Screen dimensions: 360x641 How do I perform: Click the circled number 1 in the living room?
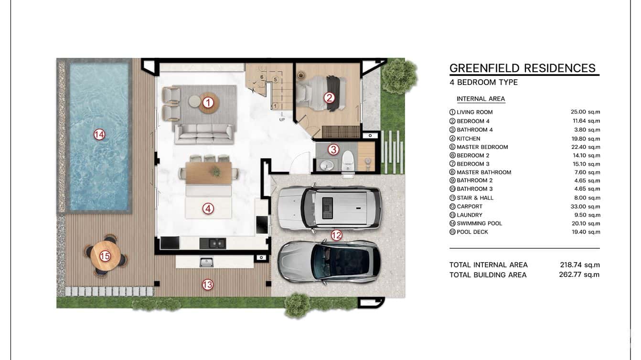click(208, 102)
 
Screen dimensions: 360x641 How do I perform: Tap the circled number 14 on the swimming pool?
click(99, 135)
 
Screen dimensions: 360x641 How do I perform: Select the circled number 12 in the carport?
click(336, 235)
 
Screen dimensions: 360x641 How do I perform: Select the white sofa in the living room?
click(204, 133)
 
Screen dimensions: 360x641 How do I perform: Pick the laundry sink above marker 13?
click(206, 262)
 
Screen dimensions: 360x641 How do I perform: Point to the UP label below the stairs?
click(282, 119)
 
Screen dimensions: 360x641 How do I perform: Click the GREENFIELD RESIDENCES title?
click(523, 68)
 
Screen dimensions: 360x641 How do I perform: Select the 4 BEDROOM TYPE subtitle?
click(483, 82)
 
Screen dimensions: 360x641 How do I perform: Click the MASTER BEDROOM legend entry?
click(482, 147)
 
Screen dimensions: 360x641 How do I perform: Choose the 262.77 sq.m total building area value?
click(579, 275)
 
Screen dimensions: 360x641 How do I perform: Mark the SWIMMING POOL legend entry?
click(479, 223)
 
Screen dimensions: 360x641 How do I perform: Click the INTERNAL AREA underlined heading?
click(481, 99)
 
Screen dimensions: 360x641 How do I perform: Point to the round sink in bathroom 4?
click(327, 166)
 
